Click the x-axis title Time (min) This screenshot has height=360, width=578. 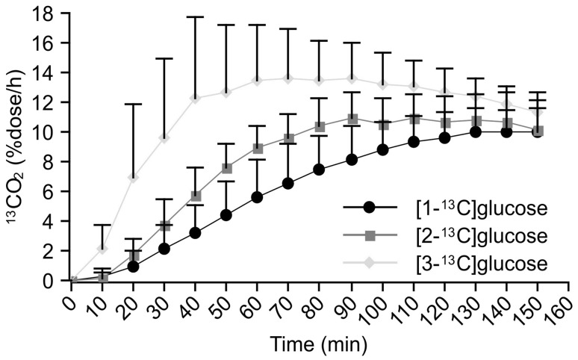[x=320, y=346]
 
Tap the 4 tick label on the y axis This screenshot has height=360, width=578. [x=54, y=221]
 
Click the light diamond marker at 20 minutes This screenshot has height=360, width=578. [x=133, y=177]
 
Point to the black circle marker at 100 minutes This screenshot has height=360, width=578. [x=382, y=150]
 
